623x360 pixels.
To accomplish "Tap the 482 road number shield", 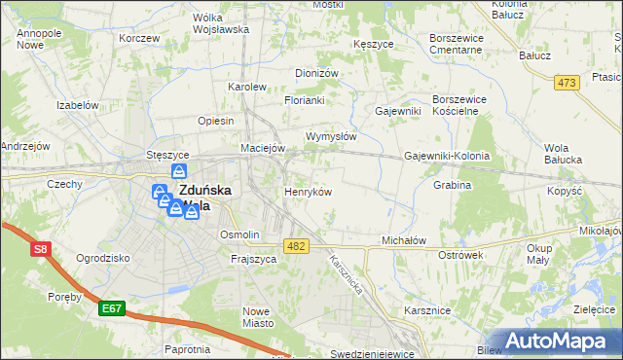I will [x=297, y=246].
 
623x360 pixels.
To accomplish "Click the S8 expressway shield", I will [x=40, y=249].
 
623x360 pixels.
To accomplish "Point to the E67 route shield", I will [x=112, y=309].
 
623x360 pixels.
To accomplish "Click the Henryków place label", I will [x=307, y=192].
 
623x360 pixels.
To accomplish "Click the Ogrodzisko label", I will [x=103, y=258].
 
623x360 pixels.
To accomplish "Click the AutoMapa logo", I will [x=560, y=341].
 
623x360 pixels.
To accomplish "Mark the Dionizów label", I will [x=316, y=73].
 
